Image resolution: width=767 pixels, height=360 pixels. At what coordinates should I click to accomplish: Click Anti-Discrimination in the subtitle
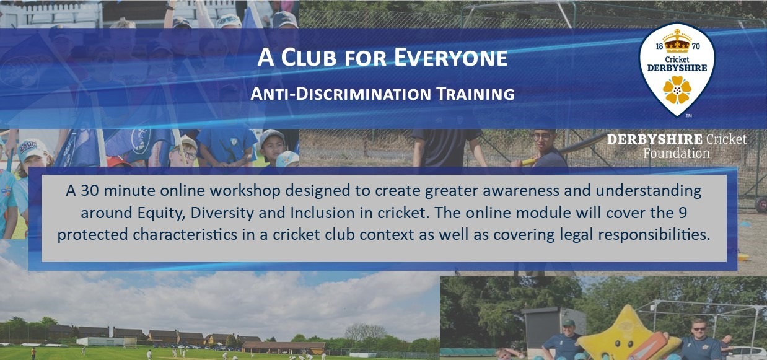click(334, 94)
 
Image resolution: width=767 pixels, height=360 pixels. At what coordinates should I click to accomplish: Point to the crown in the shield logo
click(677, 42)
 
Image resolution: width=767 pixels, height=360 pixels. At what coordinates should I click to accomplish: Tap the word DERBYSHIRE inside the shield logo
click(677, 67)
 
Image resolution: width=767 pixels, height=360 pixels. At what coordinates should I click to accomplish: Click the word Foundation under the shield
click(677, 153)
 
